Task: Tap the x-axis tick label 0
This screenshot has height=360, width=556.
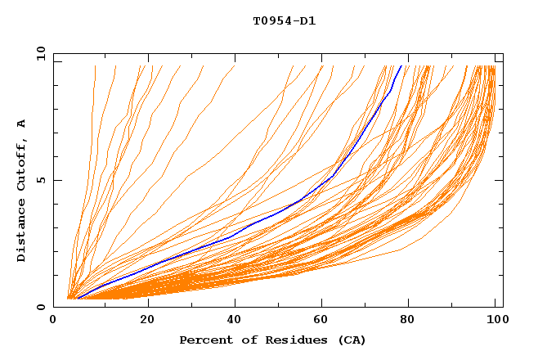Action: point(53,320)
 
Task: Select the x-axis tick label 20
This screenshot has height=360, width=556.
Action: point(148,320)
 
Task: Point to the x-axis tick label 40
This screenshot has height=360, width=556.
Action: point(236,320)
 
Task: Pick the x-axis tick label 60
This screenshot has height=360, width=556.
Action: point(325,320)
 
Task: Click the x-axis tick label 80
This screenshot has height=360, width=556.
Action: point(413,320)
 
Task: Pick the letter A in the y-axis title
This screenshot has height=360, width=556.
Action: point(22,123)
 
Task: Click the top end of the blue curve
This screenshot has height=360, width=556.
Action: point(401,66)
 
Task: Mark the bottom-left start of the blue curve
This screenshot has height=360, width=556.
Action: point(77,298)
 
